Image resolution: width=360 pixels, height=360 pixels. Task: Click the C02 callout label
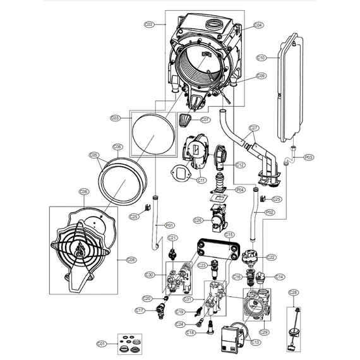(149, 25)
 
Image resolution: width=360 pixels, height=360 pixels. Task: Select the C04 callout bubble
(258, 25)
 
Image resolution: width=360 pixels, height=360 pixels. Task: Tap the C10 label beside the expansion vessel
(261, 57)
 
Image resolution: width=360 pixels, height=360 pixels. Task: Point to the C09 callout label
(261, 76)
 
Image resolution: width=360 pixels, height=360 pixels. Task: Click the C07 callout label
(205, 119)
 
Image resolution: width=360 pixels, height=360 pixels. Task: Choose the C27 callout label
(253, 128)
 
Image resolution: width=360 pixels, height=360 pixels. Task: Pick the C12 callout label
(239, 165)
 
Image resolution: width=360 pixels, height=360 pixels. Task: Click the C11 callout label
(201, 180)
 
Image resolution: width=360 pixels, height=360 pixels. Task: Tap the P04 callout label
(240, 189)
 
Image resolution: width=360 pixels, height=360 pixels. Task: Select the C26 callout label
(198, 220)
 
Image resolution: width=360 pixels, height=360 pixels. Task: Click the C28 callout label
(292, 292)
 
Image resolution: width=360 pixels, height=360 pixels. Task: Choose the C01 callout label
(101, 344)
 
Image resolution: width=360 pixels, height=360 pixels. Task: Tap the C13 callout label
(255, 342)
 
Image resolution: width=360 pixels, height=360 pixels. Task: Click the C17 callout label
(140, 310)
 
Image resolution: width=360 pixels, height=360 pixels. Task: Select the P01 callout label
(169, 225)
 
